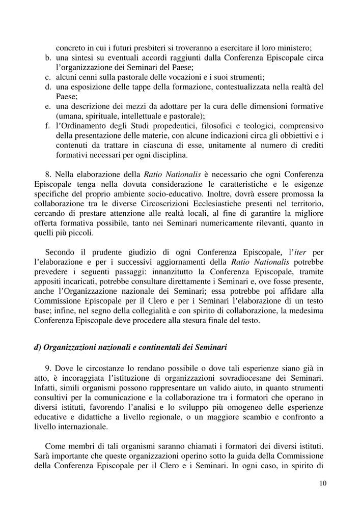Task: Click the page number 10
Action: coord(322,484)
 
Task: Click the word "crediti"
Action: coord(309,145)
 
